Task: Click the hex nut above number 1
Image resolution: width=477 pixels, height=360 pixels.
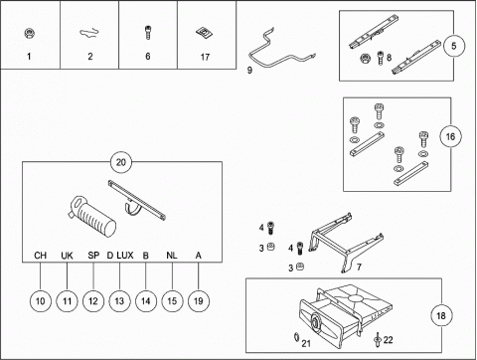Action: [x=30, y=33]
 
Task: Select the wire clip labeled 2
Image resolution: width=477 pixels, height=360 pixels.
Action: [x=89, y=33]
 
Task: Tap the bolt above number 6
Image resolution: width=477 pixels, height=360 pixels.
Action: [x=148, y=33]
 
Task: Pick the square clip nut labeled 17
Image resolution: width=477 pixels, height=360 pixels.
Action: [x=204, y=33]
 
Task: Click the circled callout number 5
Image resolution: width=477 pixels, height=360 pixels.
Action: [x=454, y=46]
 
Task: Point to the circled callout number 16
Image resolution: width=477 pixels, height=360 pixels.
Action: [x=450, y=136]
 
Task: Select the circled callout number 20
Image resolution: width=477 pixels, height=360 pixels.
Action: [x=121, y=162]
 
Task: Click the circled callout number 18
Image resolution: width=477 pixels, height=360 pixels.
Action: [x=441, y=315]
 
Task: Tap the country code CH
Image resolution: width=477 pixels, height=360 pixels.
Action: [x=40, y=256]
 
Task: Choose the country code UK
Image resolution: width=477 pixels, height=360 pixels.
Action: [x=67, y=256]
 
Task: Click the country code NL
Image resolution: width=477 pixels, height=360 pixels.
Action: [x=172, y=256]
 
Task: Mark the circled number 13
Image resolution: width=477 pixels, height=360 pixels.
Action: [x=119, y=301]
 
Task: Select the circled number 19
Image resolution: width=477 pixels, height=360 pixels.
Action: [x=198, y=301]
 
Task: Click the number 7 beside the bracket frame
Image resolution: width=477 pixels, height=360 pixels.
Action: [x=359, y=267]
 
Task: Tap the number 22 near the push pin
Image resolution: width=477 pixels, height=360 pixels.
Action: [x=388, y=340]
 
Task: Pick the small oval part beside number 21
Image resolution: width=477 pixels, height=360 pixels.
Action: [x=296, y=337]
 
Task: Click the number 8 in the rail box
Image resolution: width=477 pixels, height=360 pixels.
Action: [x=389, y=58]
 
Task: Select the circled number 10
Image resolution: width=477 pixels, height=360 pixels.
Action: [x=40, y=301]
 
